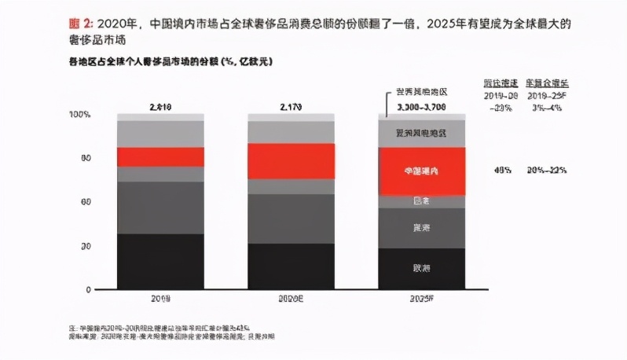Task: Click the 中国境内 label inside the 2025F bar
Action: coord(421,170)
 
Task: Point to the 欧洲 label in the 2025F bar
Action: coord(421,269)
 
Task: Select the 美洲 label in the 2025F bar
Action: coord(421,228)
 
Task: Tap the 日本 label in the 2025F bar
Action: coord(421,201)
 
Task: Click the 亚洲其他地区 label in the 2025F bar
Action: coord(421,133)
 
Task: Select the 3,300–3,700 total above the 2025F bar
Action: coord(422,105)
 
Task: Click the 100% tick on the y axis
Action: coord(81,115)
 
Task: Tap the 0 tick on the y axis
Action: coord(89,290)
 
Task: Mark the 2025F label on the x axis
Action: coord(421,299)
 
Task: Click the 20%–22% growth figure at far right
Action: coord(547,170)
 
